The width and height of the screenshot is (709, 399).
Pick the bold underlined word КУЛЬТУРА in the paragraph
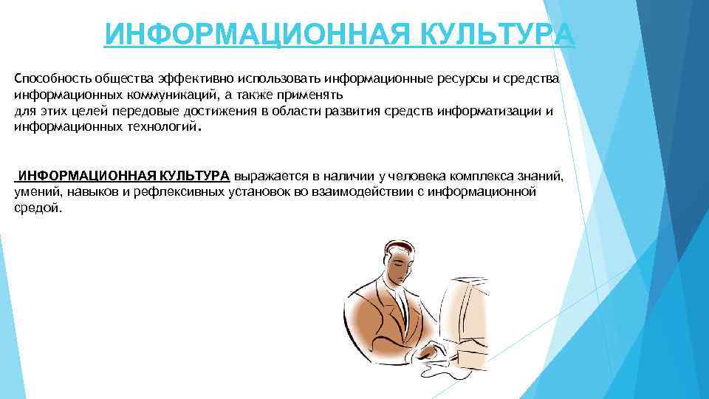[x=193, y=177]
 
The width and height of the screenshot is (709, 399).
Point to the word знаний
[x=541, y=177]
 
